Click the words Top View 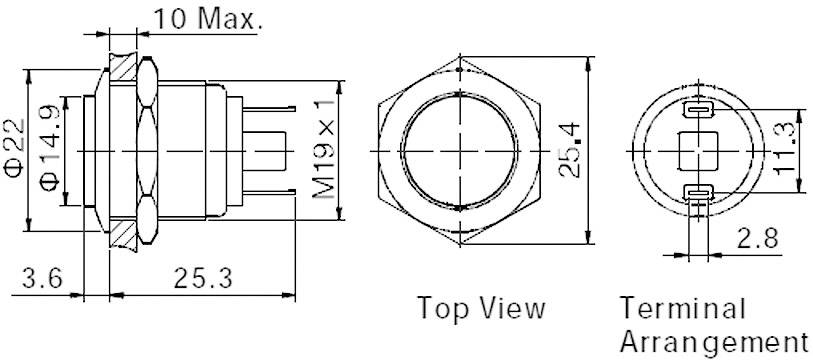[481, 307]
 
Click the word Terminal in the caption [668, 307]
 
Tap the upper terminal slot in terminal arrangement [697, 109]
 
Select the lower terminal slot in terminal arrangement [697, 193]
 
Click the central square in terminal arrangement [697, 151]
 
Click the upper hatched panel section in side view [125, 66]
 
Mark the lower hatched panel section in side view [125, 232]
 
